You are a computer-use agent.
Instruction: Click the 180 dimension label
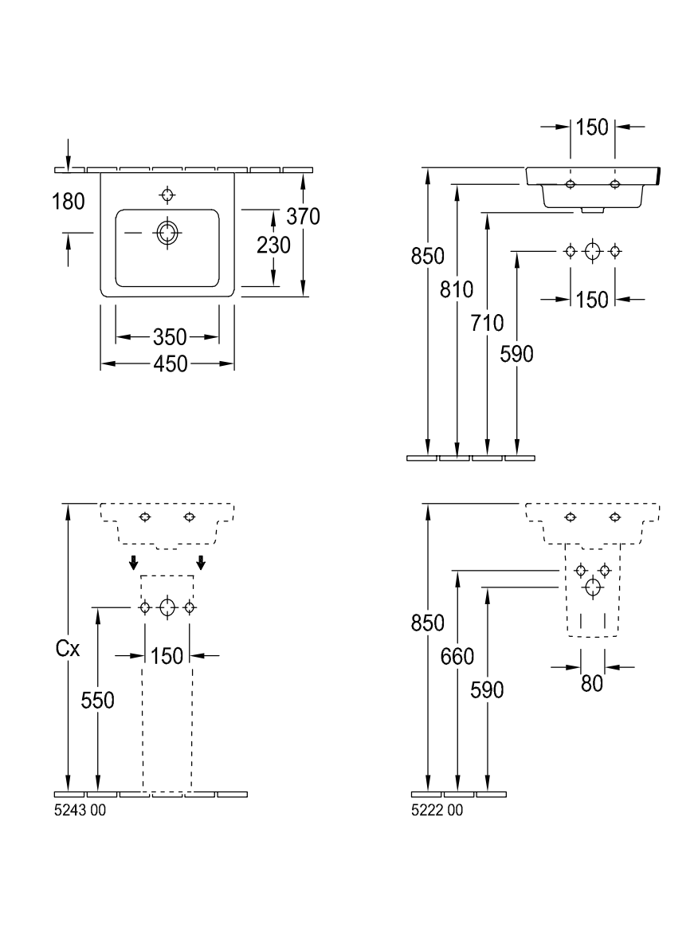[69, 202]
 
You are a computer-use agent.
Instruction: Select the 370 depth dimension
[304, 217]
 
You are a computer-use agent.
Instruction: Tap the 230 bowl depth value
[273, 245]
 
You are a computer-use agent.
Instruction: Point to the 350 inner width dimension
[171, 337]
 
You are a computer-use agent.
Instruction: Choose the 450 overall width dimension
[171, 364]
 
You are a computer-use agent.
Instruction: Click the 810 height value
[457, 290]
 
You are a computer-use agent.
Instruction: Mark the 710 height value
[487, 323]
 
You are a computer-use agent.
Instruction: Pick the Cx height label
[67, 649]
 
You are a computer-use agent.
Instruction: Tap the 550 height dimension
[97, 701]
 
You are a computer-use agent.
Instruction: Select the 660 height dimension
[457, 657]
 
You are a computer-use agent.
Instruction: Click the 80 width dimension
[592, 684]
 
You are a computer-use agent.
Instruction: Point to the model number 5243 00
[80, 811]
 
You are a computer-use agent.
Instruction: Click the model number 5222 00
[437, 811]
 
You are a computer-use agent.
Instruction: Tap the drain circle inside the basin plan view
[167, 232]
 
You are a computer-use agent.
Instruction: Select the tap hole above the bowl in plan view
[167, 194]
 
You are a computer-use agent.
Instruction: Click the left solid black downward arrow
[134, 562]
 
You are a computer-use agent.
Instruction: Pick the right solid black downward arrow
[202, 562]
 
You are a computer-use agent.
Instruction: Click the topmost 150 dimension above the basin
[592, 127]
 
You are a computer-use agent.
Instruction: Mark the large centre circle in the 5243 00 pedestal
[168, 607]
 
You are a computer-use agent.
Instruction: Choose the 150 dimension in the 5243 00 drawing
[167, 656]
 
